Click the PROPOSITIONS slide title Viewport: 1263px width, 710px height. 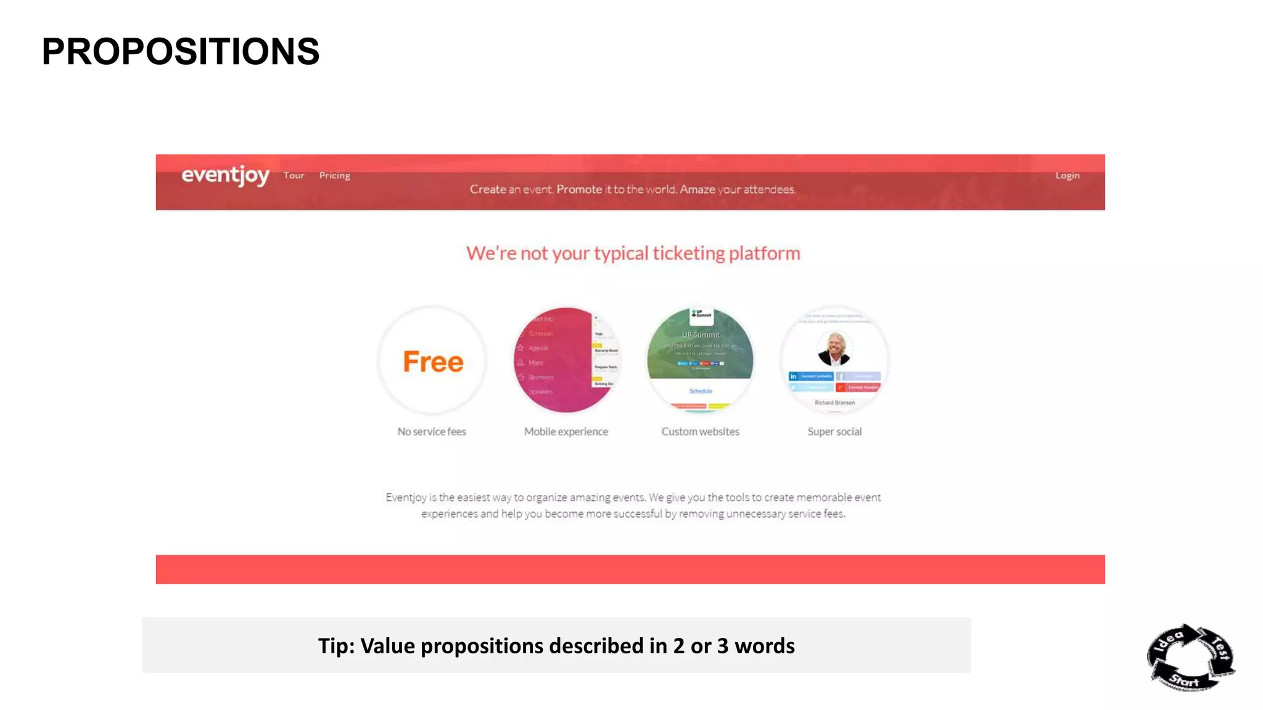coord(180,51)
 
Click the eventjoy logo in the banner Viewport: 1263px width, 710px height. coord(225,176)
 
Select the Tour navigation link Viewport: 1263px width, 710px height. coord(294,176)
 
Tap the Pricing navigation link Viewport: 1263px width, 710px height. coord(334,176)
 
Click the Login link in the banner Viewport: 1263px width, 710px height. coord(1068,176)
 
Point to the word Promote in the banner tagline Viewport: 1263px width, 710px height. coord(579,189)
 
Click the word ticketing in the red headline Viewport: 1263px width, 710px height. coord(689,253)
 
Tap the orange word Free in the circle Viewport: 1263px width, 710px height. coord(433,362)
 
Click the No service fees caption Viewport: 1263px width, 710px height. coord(432,431)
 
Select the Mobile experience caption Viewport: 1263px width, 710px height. coord(566,431)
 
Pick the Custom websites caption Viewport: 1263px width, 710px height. coord(700,431)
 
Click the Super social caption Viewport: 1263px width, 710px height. coord(834,431)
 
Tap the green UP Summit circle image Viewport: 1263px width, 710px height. coord(700,345)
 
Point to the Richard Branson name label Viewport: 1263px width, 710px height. coord(834,402)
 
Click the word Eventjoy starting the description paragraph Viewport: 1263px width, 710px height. coord(406,497)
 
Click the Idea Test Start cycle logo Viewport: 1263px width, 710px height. coord(1190,658)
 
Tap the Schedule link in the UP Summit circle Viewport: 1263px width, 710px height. coord(701,391)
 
